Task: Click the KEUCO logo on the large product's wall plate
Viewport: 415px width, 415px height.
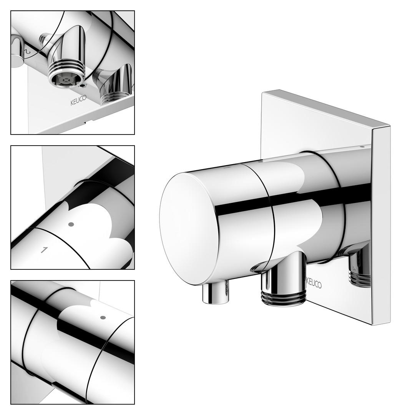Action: [314, 283]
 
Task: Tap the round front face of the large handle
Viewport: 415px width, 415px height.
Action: [189, 227]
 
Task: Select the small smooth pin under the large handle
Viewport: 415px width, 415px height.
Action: [215, 294]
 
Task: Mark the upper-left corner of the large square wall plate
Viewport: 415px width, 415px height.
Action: [262, 92]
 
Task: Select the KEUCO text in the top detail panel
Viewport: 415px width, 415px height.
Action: [78, 100]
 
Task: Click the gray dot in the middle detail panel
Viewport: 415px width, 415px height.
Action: [71, 224]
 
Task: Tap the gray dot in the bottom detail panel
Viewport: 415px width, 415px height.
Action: [103, 317]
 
